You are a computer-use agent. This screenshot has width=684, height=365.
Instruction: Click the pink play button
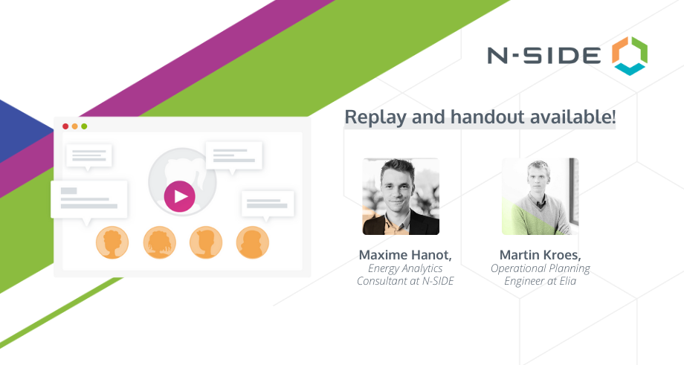pos(180,197)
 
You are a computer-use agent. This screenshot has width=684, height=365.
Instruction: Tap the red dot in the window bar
pos(65,126)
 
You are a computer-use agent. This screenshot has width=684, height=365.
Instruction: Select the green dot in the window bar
pos(84,126)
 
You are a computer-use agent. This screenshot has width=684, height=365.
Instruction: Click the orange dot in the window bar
pos(74,126)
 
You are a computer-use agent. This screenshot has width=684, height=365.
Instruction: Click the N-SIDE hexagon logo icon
pos(630,56)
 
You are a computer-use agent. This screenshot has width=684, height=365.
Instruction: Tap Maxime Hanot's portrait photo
pos(401,196)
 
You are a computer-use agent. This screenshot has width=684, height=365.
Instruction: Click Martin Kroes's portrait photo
pos(540,196)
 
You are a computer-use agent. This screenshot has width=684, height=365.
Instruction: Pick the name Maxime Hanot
pos(404,255)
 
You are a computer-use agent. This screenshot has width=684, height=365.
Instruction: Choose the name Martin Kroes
pos(540,255)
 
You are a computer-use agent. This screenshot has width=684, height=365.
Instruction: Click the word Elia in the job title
pos(567,281)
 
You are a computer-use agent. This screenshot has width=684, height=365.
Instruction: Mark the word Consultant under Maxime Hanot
pos(382,281)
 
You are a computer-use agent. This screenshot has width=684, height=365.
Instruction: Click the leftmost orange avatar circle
pos(112,242)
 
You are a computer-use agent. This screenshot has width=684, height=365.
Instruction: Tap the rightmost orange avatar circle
pos(253,242)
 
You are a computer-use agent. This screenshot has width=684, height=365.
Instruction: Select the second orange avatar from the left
pos(160,242)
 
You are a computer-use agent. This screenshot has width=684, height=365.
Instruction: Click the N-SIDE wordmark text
pos(544,56)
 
